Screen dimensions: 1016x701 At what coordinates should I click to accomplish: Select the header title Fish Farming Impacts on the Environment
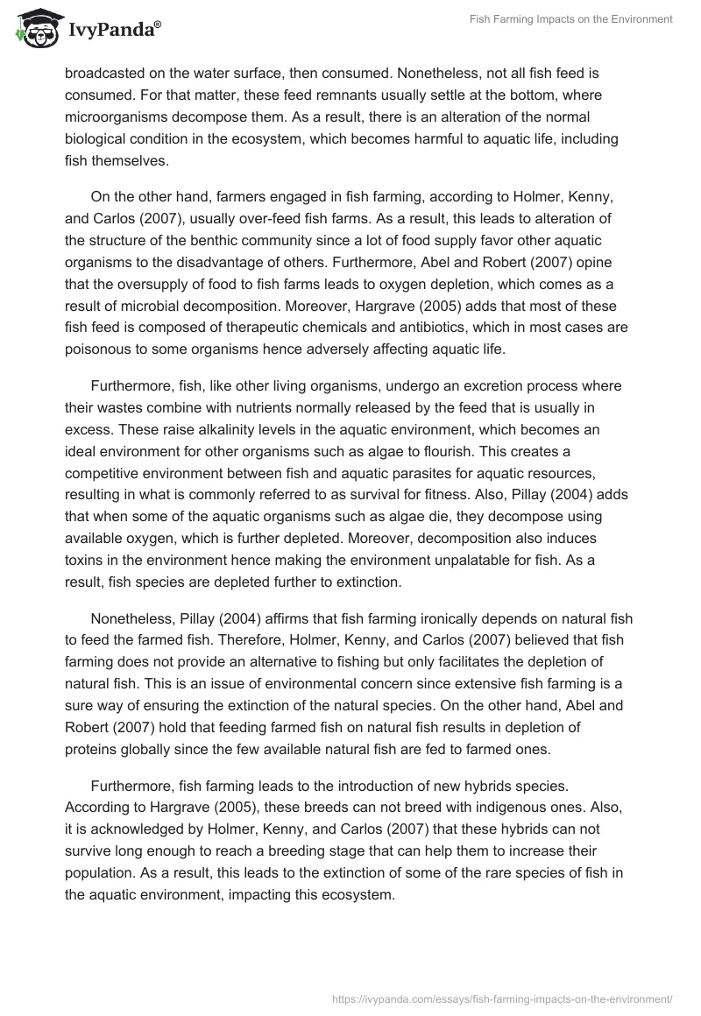tap(570, 19)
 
